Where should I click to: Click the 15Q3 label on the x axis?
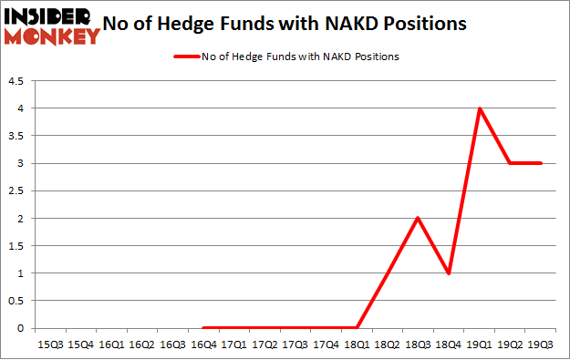tap(50, 345)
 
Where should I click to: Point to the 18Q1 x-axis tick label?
tap(356, 345)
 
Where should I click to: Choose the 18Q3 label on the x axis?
tap(417, 345)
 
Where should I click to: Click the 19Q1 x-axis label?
tap(478, 345)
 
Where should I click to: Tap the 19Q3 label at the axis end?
tap(540, 345)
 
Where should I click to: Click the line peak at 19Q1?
tap(479, 108)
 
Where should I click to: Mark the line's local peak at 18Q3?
tap(418, 219)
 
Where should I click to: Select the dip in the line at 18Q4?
tap(448, 273)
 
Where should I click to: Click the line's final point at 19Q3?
tap(540, 163)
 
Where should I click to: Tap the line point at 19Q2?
tap(510, 163)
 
